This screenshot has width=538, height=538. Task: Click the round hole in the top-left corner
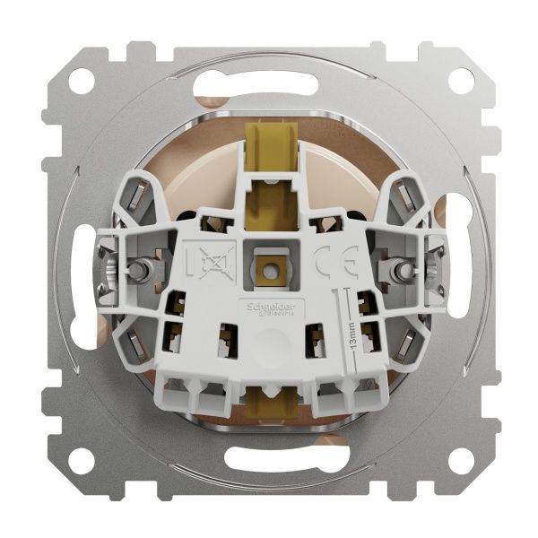[81, 81]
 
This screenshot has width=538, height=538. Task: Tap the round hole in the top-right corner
[460, 81]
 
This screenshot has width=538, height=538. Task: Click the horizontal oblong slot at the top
[269, 86]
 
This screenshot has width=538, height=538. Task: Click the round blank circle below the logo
[267, 346]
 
